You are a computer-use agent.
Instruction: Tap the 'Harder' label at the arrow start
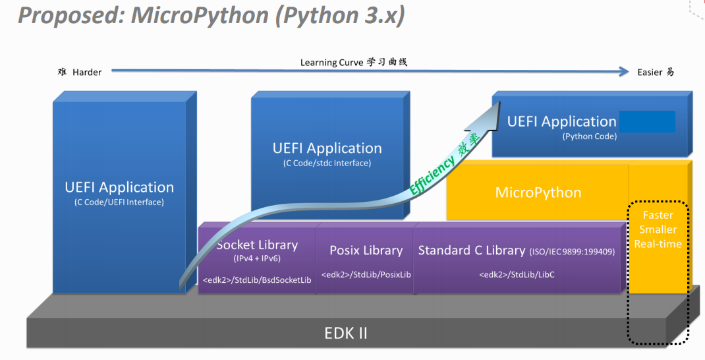point(87,72)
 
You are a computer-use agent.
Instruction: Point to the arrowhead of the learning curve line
point(624,72)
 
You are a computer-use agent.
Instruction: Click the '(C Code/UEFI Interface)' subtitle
point(119,202)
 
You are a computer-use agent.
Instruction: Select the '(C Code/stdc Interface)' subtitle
point(327,163)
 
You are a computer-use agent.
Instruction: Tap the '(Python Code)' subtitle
point(589,136)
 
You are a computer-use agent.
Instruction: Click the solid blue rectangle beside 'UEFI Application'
point(646,121)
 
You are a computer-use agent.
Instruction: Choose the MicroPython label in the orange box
point(538,193)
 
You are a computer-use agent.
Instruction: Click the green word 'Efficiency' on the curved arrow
point(432,173)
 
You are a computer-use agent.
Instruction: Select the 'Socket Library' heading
point(257,245)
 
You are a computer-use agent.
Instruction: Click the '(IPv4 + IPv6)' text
point(257,258)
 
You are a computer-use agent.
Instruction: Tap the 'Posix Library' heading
point(366,250)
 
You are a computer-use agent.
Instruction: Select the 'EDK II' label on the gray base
point(346,333)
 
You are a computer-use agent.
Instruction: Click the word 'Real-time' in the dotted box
point(658,244)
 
